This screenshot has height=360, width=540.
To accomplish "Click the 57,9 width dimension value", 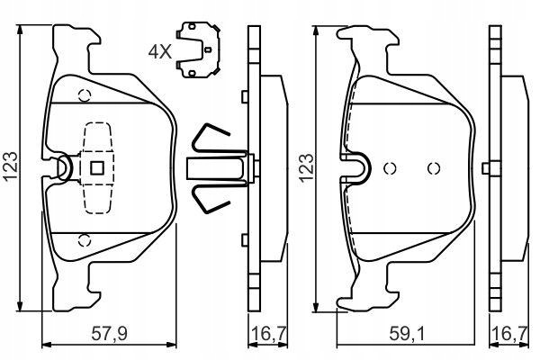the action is [109, 334].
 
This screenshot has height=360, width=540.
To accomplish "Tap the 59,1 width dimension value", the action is [408, 334].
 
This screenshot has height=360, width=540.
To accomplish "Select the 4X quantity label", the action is [159, 51].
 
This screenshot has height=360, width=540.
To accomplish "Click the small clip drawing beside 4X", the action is [198, 49].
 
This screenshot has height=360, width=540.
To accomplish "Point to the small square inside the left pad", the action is [97, 168].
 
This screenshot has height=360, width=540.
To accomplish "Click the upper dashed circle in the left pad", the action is [85, 94].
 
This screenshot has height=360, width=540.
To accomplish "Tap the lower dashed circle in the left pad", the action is [84, 240].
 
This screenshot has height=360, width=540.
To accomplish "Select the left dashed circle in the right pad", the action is [390, 168].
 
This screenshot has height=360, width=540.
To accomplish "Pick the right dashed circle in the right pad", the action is [434, 168].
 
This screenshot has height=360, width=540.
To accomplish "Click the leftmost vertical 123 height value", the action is [10, 166].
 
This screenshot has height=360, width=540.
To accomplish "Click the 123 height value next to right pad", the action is [307, 167].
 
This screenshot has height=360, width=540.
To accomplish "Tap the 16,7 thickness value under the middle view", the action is [269, 334].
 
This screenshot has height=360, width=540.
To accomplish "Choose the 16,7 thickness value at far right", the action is [510, 334].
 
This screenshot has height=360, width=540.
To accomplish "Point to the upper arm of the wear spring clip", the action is [209, 138].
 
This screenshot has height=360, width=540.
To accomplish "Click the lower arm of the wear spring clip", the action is [208, 199].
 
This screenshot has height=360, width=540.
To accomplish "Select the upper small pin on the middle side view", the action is [245, 96].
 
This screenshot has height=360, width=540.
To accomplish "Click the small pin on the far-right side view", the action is [486, 168].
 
